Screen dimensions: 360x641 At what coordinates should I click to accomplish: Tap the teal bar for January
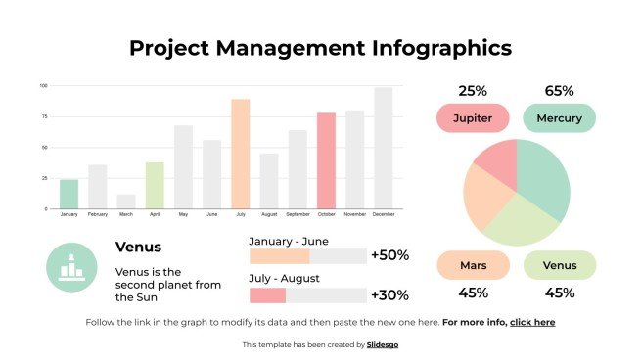[x=69, y=194]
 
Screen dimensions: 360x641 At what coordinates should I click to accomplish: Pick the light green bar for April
[x=155, y=185]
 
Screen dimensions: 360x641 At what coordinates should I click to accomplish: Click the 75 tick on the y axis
[x=43, y=116]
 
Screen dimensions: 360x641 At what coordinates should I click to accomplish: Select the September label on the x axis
[x=298, y=214]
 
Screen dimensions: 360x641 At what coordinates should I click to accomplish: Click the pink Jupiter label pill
[x=473, y=119]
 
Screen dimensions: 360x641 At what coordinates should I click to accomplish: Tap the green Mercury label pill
[x=559, y=119]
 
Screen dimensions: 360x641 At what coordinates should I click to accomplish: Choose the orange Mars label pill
[x=473, y=265]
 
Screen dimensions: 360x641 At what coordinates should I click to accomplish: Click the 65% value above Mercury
[x=559, y=91]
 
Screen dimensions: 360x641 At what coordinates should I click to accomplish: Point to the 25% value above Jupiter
[x=473, y=91]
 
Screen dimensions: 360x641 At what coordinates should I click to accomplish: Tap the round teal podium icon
[x=70, y=267]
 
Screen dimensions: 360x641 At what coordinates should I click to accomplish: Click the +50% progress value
[x=389, y=255]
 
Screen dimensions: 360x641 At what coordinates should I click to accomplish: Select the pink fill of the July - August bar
[x=267, y=294]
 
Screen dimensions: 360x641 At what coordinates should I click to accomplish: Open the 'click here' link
[x=532, y=322]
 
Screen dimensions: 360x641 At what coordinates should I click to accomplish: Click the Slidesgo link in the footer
[x=383, y=344]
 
